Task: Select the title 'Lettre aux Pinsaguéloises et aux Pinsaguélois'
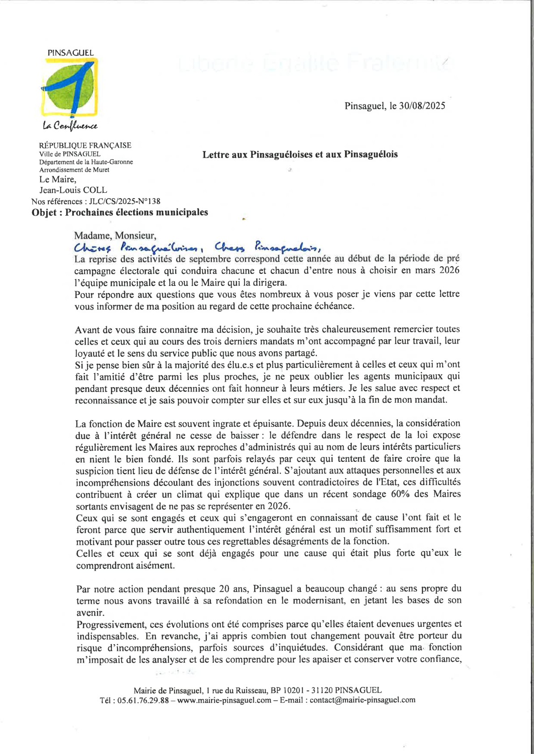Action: click(300, 155)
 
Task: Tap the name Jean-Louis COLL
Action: click(73, 190)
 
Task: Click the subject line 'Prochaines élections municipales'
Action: click(136, 213)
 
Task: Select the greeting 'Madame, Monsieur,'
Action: click(115, 236)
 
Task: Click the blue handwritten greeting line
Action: click(197, 247)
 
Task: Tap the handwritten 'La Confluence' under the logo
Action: click(70, 126)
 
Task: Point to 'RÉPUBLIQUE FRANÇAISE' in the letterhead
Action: click(85, 145)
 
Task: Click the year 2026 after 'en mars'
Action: click(449, 271)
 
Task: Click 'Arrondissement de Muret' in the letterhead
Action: click(74, 170)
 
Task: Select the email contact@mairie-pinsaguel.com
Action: click(362, 700)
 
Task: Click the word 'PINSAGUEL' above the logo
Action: click(71, 53)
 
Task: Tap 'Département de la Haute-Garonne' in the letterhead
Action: click(86, 162)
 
